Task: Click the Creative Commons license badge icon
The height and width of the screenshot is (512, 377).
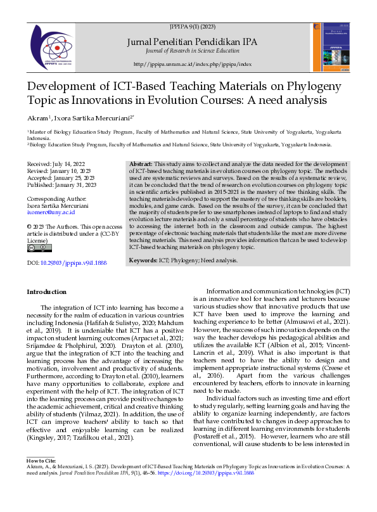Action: click(x=35, y=248)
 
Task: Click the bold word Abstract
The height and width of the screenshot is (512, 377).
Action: click(x=141, y=164)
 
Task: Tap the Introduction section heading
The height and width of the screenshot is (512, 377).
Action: click(x=46, y=291)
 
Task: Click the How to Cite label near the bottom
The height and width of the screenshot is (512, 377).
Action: click(x=41, y=459)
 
